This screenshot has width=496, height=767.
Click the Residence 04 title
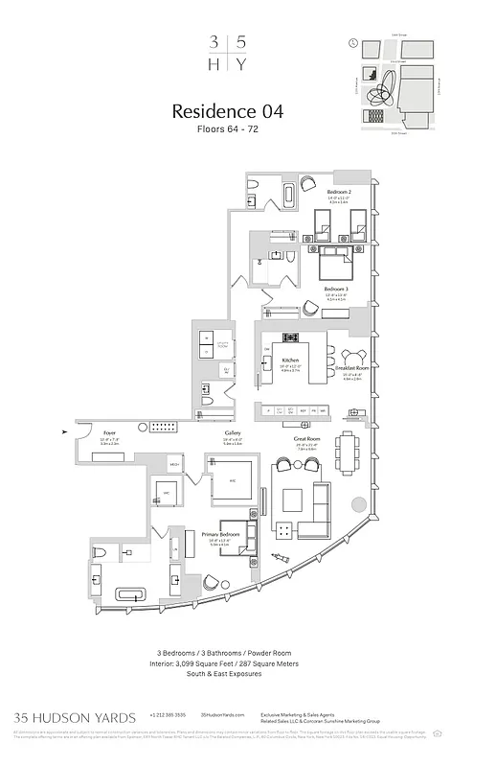coord(227,111)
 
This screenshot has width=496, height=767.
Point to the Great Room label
coord(305,439)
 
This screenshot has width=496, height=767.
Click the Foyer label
coord(110,433)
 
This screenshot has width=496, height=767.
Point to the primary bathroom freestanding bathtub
coord(128,594)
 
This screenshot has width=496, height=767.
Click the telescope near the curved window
coord(281,556)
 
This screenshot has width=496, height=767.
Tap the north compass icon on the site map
coord(353,44)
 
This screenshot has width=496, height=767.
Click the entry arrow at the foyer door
coord(64,431)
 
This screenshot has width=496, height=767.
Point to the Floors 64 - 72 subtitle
coord(227,128)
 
